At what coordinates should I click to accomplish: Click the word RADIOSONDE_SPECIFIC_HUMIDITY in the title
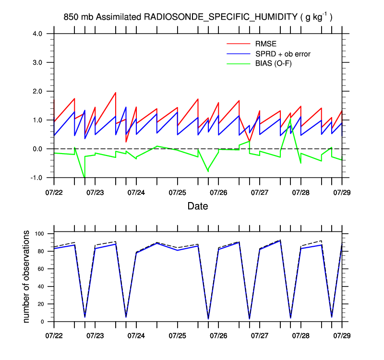click(220, 17)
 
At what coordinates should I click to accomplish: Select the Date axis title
click(198, 207)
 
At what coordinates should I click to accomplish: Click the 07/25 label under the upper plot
click(178, 191)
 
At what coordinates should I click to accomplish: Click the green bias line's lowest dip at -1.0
click(84, 177)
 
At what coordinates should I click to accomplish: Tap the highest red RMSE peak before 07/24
click(116, 93)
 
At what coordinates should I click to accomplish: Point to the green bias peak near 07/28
click(290, 119)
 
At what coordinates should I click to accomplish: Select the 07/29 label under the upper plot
click(342, 191)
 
